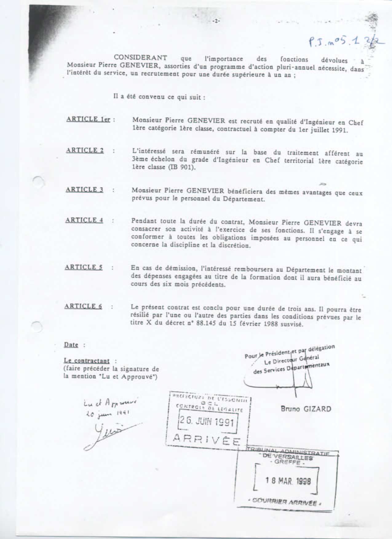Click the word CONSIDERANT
pyautogui.click(x=141, y=57)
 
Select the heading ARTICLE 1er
pyautogui.click(x=88, y=119)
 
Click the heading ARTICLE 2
pyautogui.click(x=85, y=150)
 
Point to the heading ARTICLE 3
pyautogui.click(x=85, y=189)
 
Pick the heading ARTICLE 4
pyautogui.click(x=84, y=220)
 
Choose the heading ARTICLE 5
pyautogui.click(x=84, y=267)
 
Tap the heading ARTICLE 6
pyautogui.click(x=83, y=306)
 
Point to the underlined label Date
pyautogui.click(x=71, y=345)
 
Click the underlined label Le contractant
pyautogui.click(x=87, y=361)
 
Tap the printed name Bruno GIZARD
pyautogui.click(x=306, y=409)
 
